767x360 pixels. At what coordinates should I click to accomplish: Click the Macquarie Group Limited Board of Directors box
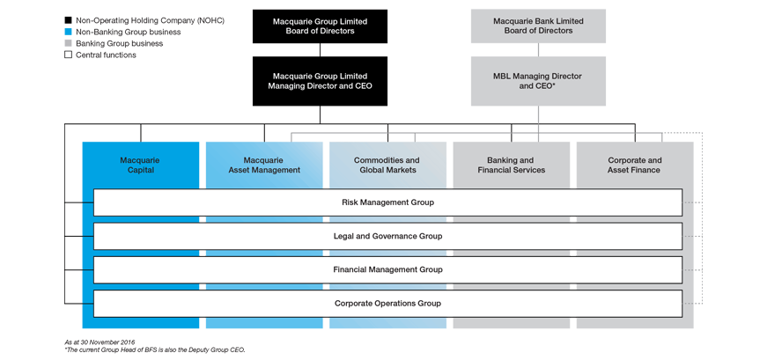click(x=320, y=26)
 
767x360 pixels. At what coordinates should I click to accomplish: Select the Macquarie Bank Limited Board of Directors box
click(x=538, y=26)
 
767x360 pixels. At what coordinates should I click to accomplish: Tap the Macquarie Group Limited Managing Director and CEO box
click(x=320, y=81)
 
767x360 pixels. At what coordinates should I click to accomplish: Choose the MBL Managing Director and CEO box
click(x=538, y=81)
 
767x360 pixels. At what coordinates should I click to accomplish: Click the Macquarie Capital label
click(x=136, y=165)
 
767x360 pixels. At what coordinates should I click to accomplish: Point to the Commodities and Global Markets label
click(x=387, y=165)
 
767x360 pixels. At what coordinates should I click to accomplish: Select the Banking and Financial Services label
click(x=510, y=165)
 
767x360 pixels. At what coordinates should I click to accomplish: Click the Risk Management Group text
click(x=387, y=202)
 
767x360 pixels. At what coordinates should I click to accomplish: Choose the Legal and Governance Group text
click(x=387, y=236)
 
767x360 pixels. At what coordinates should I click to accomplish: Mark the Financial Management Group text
click(x=387, y=269)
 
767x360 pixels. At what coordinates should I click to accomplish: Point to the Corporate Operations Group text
click(x=387, y=303)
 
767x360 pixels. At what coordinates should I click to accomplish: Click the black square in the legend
click(x=70, y=18)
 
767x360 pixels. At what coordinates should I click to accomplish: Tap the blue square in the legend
click(x=70, y=31)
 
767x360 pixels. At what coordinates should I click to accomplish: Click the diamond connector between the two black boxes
click(x=320, y=50)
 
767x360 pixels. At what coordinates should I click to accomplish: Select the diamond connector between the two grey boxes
click(x=538, y=50)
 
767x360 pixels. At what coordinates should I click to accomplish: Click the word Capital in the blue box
click(x=136, y=170)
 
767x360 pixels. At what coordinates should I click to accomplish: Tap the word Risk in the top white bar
click(x=351, y=202)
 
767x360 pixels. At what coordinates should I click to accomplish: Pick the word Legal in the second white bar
click(x=344, y=236)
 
